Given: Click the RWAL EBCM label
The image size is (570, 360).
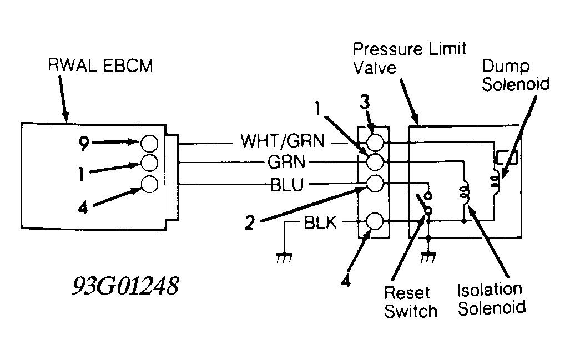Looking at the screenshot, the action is point(100,66).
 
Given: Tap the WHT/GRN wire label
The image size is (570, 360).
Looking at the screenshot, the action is point(283,141).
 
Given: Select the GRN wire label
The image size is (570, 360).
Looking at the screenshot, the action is point(286,162).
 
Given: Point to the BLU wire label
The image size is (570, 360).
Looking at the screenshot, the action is point(287,185).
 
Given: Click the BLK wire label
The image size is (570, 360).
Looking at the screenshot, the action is point(320,222).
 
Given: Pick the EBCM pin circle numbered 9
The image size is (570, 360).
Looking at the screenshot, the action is point(149,143).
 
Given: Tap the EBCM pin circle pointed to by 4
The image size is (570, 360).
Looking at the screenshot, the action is point(149,184).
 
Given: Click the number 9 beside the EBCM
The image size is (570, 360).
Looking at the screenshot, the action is point(84,143).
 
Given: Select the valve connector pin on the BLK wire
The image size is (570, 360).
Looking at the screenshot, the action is point(375,221).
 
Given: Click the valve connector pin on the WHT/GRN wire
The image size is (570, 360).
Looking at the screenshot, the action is point(375,143).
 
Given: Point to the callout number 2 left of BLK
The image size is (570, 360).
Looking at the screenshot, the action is point(250,223).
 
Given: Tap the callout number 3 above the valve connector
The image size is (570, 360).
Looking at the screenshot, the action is point(365,102).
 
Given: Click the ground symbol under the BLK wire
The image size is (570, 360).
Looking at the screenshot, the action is point(284,257).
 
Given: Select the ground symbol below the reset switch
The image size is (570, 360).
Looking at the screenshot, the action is point(428,257).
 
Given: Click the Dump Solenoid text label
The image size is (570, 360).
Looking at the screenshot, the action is point(516,75).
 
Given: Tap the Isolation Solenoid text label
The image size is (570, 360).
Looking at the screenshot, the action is point(491,298).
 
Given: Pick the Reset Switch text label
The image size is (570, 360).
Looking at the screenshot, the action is point(410,302).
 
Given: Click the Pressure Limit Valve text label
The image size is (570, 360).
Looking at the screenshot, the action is point(410,58).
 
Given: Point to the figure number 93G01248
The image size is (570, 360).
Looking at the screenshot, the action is point(125,286).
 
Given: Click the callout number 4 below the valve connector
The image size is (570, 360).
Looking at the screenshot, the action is point(346,281).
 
